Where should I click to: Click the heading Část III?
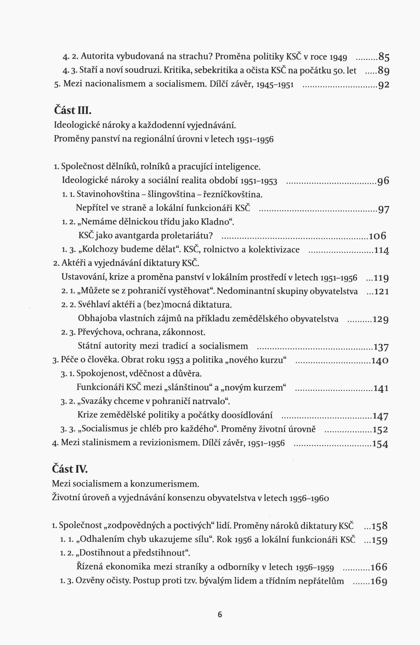tap(73, 110)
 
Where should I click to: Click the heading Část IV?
tap(70, 469)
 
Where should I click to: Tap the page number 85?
tap(384, 57)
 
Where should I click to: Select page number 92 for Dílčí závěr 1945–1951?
tap(384, 85)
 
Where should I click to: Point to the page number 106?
tap(377, 236)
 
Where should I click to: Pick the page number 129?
tap(381, 319)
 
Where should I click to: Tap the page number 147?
tap(381, 416)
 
